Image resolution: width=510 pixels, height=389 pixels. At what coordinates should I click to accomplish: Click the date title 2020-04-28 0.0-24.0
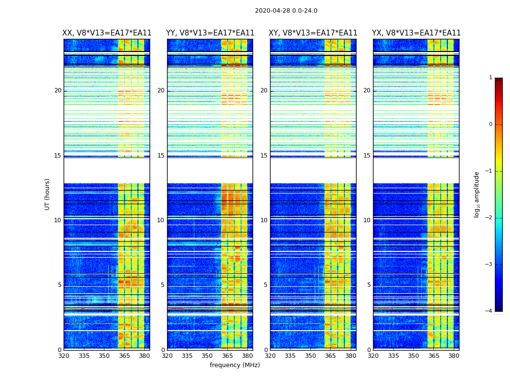click(x=286, y=11)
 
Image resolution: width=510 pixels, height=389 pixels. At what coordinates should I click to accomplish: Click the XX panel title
click(x=107, y=33)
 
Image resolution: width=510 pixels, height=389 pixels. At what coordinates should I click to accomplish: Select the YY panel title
click(x=210, y=33)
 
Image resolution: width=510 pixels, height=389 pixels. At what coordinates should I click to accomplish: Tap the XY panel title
click(x=313, y=33)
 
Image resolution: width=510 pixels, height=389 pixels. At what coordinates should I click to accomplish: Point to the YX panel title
click(x=416, y=33)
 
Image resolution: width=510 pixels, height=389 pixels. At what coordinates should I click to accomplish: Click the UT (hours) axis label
click(x=48, y=194)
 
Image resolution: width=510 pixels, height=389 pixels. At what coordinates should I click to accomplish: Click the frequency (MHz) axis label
click(x=235, y=365)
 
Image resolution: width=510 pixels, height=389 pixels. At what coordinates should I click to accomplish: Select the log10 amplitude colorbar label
click(x=477, y=194)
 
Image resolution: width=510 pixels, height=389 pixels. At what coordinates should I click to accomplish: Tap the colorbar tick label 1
click(x=490, y=78)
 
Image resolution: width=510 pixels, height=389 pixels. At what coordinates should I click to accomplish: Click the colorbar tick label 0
click(x=490, y=124)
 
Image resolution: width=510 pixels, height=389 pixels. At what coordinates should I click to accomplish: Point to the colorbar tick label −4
click(x=489, y=311)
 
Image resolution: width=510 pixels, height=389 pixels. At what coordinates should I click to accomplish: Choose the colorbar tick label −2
click(x=489, y=218)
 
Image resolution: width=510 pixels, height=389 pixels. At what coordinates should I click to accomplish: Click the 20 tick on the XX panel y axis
click(x=58, y=90)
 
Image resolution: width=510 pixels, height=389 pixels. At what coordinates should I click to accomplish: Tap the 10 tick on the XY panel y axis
click(x=265, y=220)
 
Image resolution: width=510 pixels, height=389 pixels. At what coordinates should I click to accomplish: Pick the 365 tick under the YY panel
click(x=227, y=356)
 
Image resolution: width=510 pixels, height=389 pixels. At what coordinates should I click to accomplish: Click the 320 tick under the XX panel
click(x=64, y=356)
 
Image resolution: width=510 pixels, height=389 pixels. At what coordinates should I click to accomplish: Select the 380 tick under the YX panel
click(x=454, y=356)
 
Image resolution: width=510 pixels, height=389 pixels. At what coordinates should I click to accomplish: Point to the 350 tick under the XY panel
click(x=310, y=356)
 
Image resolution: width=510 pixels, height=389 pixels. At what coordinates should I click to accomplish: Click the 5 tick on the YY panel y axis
click(x=163, y=285)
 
